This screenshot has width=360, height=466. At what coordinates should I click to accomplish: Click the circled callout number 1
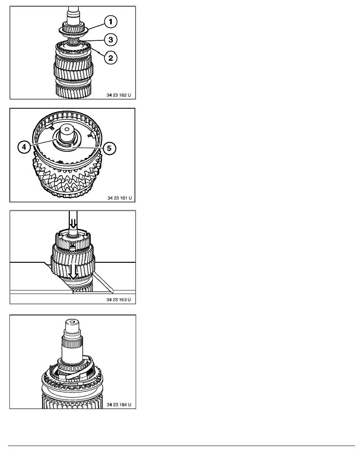[x=111, y=22]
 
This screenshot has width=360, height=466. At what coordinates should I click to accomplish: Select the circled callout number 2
[x=111, y=58]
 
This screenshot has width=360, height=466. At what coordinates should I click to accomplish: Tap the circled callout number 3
[x=111, y=40]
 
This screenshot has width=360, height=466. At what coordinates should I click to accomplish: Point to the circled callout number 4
[x=24, y=147]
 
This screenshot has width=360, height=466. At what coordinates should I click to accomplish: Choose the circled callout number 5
[x=109, y=148]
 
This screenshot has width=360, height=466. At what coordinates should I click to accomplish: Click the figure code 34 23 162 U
[x=118, y=95]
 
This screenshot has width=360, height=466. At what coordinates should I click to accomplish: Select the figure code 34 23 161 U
[x=119, y=198]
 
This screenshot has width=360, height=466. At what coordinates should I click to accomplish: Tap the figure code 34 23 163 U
[x=118, y=300]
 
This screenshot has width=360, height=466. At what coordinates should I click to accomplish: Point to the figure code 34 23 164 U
[x=119, y=404]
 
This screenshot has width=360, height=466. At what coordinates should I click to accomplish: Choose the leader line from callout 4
[x=42, y=142]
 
